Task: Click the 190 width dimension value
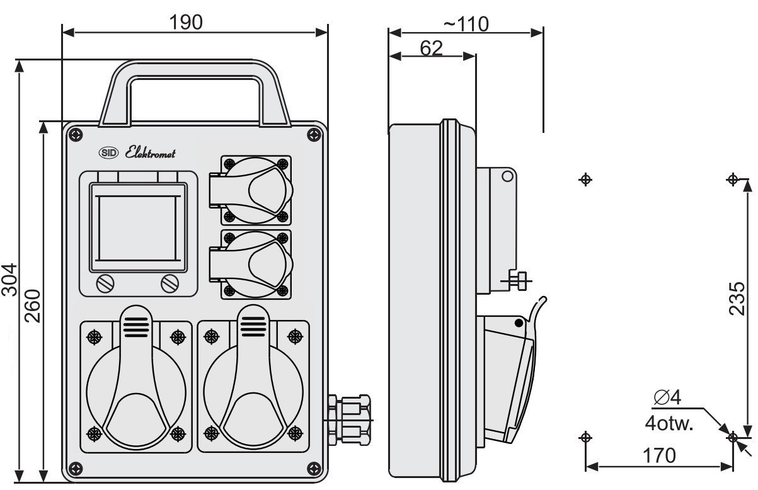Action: tap(186, 22)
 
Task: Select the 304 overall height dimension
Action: tap(9, 280)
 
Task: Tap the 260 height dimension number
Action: tap(33, 305)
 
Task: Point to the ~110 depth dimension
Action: tap(466, 24)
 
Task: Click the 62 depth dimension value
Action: tap(431, 48)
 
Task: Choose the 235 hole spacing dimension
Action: tap(737, 299)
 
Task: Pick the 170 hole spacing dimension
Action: tap(659, 455)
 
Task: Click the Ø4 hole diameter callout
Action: tap(667, 397)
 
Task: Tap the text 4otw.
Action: tap(669, 423)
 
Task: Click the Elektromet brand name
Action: tap(150, 153)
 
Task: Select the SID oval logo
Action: tap(108, 153)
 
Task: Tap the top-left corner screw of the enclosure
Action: tap(76, 135)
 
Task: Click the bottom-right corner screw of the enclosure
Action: tap(314, 469)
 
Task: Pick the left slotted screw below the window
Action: tap(105, 283)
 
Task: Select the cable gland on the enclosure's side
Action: tap(348, 420)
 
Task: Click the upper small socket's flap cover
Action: tap(251, 190)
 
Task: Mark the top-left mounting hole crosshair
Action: tap(585, 179)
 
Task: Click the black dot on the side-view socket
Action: tap(519, 323)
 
